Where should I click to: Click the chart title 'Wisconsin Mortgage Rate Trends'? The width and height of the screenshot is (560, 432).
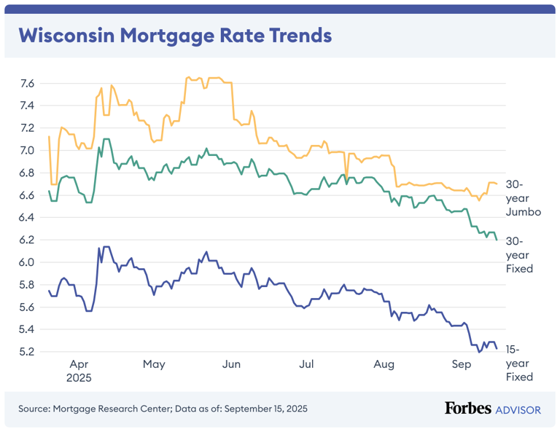pos(174,35)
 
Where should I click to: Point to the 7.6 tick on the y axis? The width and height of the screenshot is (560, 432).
pos(27,84)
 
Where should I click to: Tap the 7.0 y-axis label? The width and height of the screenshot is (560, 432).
pos(27,151)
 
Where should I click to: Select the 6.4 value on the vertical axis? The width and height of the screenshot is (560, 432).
pos(27,218)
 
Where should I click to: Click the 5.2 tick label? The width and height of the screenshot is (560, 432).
pos(27,352)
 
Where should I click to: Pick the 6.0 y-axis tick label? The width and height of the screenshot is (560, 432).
pos(27,262)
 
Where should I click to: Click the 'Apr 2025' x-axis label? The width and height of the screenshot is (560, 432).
pos(80,371)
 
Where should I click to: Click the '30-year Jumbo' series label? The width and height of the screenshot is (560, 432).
pos(523,198)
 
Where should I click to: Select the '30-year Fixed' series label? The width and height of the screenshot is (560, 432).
pos(519,255)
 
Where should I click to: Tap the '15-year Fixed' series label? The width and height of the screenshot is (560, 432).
pos(519,363)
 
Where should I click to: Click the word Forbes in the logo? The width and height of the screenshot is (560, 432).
pos(467,409)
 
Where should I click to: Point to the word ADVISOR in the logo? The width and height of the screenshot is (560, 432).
pos(518,409)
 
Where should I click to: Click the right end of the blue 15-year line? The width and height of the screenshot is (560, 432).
pos(497,349)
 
